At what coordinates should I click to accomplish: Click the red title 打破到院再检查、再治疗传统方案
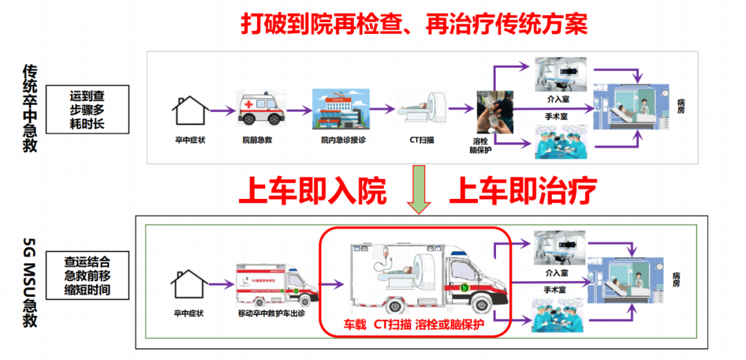coord(414,24)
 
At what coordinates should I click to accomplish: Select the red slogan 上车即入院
coord(312,191)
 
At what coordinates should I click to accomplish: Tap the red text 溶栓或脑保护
coord(450,324)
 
